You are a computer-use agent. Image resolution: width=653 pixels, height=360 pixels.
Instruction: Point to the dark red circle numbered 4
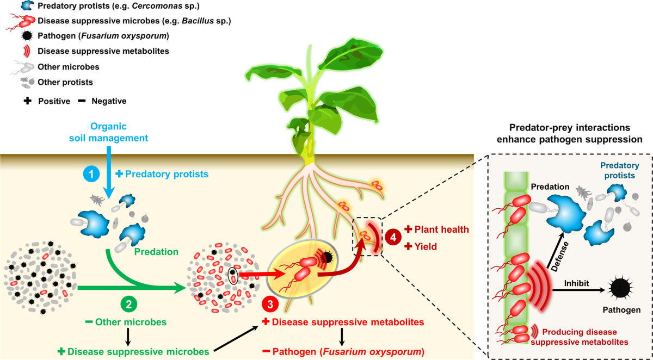pyautogui.click(x=393, y=238)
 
